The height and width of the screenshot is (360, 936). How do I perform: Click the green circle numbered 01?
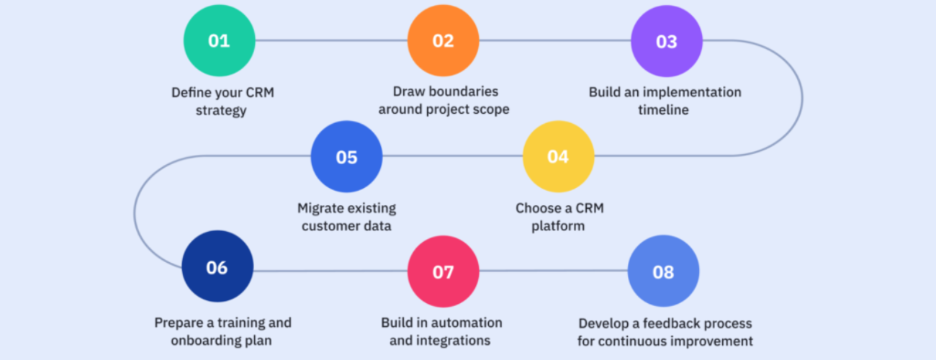tap(220, 40)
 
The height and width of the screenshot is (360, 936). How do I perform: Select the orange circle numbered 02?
tap(444, 40)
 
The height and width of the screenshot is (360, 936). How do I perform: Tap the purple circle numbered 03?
tap(667, 41)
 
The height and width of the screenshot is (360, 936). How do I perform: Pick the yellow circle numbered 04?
tap(559, 157)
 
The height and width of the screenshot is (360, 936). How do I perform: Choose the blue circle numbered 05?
tap(347, 157)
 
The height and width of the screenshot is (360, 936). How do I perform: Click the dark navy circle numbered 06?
tap(217, 266)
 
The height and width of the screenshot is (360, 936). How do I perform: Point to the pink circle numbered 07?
tap(444, 271)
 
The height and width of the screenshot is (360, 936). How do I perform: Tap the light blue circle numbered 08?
tap(664, 271)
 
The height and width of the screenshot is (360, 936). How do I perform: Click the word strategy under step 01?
tap(221, 111)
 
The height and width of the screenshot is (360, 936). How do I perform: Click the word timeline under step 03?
tap(663, 110)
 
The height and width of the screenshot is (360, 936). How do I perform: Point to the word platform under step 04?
tap(558, 226)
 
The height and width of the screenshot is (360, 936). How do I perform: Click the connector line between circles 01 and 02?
tap(331, 40)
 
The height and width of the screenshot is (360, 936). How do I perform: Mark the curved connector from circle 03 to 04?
tap(802, 99)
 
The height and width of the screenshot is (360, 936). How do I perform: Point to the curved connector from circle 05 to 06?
tap(135, 213)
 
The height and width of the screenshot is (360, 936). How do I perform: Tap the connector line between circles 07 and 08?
tap(553, 271)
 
